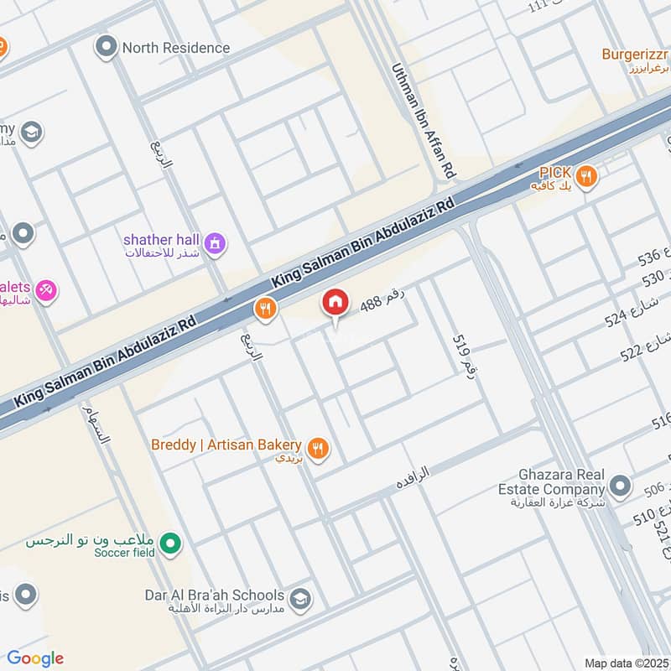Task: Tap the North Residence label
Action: (175, 48)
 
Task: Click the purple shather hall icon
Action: (216, 244)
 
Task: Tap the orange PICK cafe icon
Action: (586, 176)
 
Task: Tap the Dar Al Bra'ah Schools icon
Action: (299, 600)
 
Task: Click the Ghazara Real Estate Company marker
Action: (620, 485)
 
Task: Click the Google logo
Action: (34, 658)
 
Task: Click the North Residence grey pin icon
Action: (106, 47)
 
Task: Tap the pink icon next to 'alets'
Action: (45, 290)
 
